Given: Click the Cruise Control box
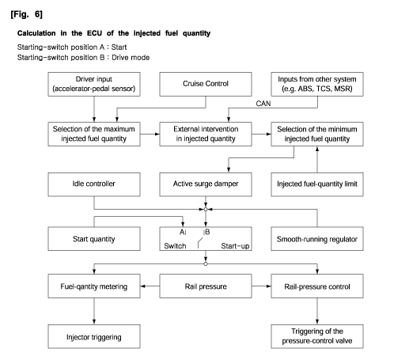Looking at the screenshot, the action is tap(206, 84).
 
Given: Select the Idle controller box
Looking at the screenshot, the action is tap(94, 184).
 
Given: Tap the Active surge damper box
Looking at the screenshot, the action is tap(206, 184).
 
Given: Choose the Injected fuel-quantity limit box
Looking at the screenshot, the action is tap(317, 184).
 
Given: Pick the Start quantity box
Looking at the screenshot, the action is tap(94, 239).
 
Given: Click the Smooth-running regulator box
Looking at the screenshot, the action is tap(317, 239).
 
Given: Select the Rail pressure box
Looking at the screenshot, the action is tap(206, 286).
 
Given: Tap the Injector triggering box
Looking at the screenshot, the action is tap(94, 337).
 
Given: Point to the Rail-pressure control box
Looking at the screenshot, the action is tap(317, 286).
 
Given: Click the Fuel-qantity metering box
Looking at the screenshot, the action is tap(94, 286).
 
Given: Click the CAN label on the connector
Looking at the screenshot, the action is tap(263, 104).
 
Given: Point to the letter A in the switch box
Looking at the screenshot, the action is tap(182, 232).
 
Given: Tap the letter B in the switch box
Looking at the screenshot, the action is tap(207, 232).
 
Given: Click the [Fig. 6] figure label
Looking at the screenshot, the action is tap(26, 14).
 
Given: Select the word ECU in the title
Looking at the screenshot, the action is tap(94, 33).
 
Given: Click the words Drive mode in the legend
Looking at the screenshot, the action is tap(131, 58).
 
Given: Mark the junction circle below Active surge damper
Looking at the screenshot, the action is tap(206, 210).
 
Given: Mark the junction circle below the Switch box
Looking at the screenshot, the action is tap(206, 263).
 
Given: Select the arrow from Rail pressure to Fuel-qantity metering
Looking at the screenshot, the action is tap(150, 286).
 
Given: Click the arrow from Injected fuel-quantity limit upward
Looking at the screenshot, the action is tap(317, 160).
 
